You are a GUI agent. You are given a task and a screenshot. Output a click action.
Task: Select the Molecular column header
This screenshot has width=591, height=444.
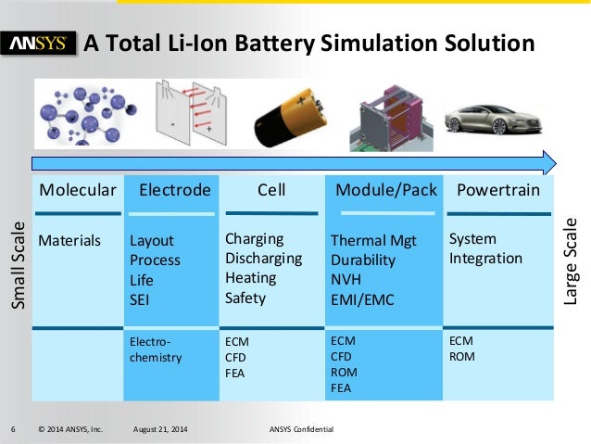(x=78, y=191)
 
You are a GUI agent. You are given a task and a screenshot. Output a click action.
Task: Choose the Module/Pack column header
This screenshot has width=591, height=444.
(x=385, y=191)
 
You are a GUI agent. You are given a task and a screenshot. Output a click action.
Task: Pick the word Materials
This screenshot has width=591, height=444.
(x=69, y=241)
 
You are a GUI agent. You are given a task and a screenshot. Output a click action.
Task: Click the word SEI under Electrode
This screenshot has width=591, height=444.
(x=140, y=299)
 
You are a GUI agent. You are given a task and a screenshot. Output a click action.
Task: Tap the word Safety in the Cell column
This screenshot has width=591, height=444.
(x=245, y=298)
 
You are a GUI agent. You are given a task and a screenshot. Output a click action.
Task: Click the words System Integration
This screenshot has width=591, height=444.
(x=485, y=248)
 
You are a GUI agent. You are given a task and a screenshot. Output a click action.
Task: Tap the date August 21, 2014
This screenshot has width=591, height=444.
(x=161, y=430)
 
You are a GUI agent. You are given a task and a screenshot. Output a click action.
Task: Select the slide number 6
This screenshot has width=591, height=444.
(x=13, y=430)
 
